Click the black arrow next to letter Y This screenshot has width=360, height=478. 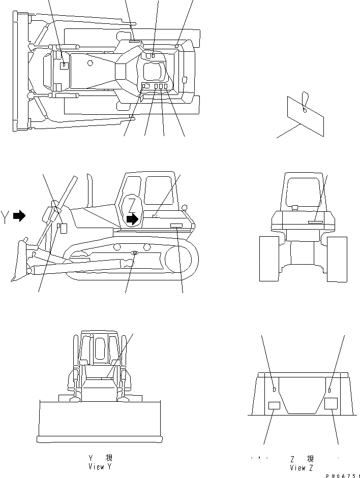(19, 216)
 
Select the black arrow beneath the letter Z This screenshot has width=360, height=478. (132, 219)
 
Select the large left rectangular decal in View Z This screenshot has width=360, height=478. (274, 405)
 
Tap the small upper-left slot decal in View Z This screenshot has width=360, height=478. (274, 390)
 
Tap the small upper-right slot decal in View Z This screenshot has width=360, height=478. (330, 390)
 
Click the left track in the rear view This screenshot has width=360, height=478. (269, 259)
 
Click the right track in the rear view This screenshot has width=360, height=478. (337, 259)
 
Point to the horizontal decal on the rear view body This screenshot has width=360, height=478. (315, 221)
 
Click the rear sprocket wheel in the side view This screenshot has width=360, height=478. (181, 260)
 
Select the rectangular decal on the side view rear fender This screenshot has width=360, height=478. (176, 225)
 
